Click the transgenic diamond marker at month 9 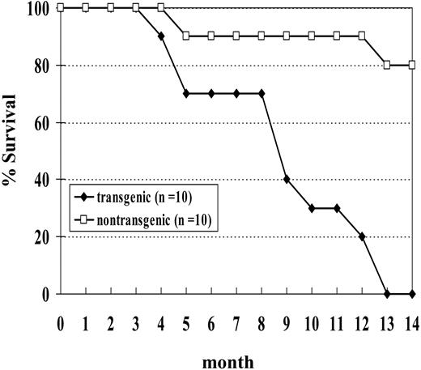286,180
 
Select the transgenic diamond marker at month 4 161,36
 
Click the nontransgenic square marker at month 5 186,36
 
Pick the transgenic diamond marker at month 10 311,208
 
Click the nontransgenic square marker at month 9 286,36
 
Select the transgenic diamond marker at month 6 211,94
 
